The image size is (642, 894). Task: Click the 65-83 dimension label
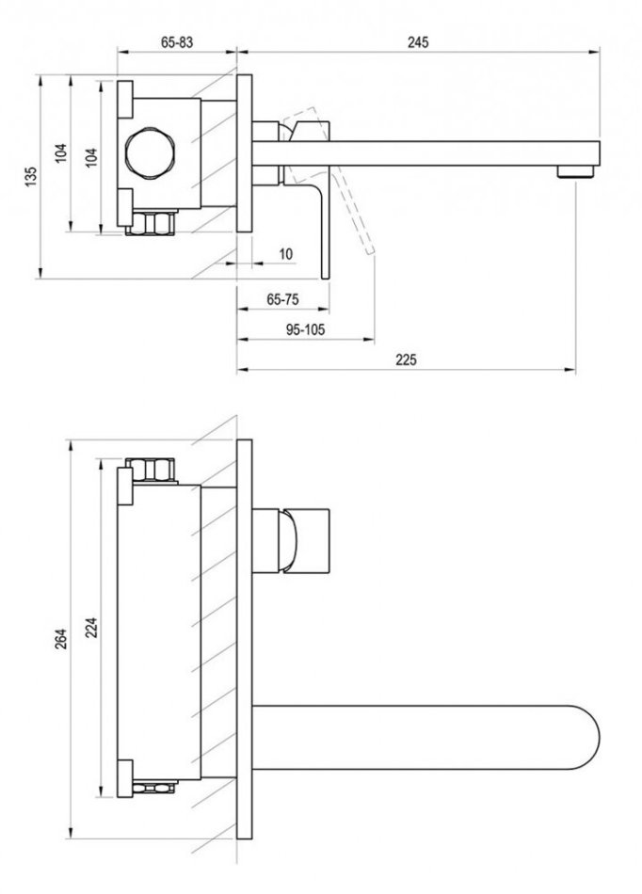(x=177, y=42)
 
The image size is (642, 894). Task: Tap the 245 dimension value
(x=419, y=42)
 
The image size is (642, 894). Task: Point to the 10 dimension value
(x=286, y=254)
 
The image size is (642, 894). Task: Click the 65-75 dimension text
(x=282, y=299)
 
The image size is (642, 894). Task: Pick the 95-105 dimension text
(x=304, y=329)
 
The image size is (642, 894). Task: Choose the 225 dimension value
(x=406, y=360)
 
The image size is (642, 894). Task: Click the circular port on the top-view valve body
(x=151, y=153)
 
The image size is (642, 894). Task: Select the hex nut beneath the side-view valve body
(x=153, y=224)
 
